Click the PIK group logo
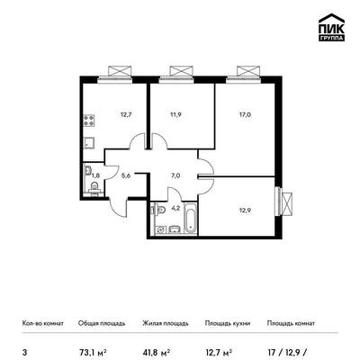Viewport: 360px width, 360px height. point(331,28)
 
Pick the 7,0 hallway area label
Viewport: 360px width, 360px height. point(175,175)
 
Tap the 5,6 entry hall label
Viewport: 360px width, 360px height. point(126,175)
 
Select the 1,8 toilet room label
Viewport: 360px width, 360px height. point(95,175)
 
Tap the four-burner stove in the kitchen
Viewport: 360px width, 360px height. point(89,121)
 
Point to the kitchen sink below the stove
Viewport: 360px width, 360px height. point(89,143)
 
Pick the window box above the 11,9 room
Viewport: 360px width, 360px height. point(181,71)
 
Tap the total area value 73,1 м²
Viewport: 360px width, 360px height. point(93,352)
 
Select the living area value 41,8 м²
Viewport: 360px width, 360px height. point(157,352)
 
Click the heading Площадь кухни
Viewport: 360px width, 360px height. point(228,323)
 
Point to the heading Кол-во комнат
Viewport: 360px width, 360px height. point(43,323)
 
